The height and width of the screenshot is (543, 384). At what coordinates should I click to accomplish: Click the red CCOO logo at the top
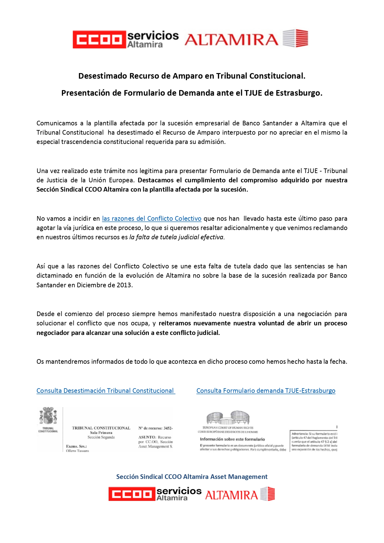point(99,39)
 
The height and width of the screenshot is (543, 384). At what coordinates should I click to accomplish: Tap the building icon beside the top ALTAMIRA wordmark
point(296,38)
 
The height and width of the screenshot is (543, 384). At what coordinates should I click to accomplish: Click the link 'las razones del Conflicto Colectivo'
point(152,219)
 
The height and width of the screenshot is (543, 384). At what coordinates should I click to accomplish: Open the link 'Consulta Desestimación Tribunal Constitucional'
point(105,391)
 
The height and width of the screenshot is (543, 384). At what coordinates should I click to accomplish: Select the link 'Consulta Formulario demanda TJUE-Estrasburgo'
point(266,391)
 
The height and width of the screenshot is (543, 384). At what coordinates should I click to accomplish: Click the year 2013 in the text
point(124,285)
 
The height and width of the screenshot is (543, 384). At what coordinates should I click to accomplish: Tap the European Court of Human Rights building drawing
point(228,418)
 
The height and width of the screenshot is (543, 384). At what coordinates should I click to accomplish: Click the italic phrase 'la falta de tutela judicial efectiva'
point(176,237)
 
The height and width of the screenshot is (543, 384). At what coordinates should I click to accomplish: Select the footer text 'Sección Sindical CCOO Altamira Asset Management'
point(192,477)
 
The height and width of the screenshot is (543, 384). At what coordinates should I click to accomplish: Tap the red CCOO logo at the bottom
point(132,494)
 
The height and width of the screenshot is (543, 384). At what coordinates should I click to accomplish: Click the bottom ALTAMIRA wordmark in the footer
point(231,495)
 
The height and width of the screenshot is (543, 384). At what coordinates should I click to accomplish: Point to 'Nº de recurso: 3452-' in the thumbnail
point(155,428)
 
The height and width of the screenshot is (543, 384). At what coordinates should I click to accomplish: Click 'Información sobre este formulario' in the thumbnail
point(232,439)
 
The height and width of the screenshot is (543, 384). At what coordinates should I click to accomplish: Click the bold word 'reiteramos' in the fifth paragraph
point(175,324)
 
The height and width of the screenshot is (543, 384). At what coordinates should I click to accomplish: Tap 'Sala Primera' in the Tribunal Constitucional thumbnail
point(101,433)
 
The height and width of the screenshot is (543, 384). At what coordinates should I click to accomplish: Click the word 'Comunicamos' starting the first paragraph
point(57,123)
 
